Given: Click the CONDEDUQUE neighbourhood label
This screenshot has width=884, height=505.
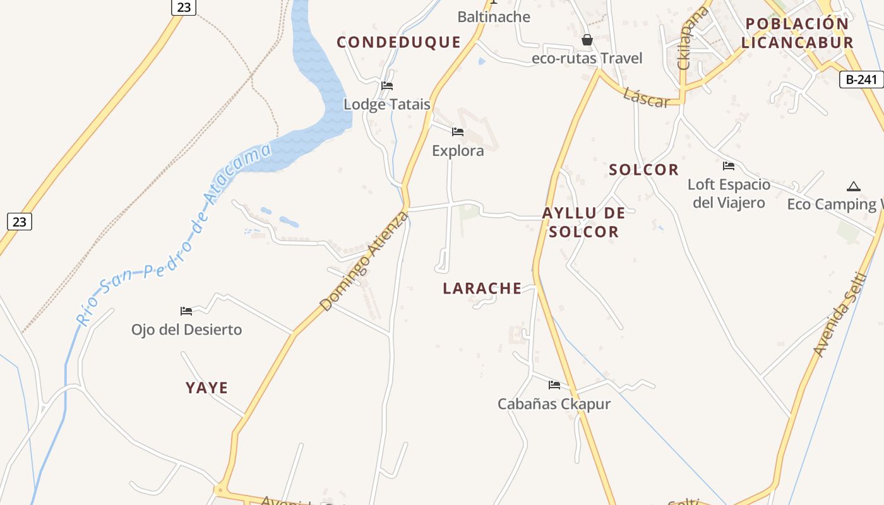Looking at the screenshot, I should pyautogui.click(x=398, y=42).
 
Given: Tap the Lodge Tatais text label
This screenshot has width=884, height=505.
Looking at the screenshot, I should pyautogui.click(x=386, y=104).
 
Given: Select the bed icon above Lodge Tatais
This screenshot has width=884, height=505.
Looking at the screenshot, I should pyautogui.click(x=387, y=85).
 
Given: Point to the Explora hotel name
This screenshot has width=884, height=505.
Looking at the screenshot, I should pyautogui.click(x=458, y=150).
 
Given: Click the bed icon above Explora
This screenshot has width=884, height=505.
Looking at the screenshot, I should pyautogui.click(x=458, y=131).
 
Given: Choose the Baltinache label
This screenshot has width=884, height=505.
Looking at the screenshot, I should pyautogui.click(x=494, y=17).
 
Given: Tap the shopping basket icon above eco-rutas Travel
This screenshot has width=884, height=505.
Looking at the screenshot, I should pyautogui.click(x=587, y=40).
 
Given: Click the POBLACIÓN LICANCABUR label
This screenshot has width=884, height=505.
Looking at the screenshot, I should pyautogui.click(x=797, y=33).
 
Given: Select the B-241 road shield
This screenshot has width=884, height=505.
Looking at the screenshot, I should pyautogui.click(x=861, y=80).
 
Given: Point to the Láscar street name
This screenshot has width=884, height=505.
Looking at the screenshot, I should pyautogui.click(x=645, y=97).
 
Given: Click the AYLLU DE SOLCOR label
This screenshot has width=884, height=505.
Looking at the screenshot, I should pyautogui.click(x=583, y=222).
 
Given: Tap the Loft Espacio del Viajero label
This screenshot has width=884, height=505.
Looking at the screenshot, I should pyautogui.click(x=729, y=193).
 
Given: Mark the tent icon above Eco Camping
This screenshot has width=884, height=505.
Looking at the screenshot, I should pyautogui.click(x=853, y=186).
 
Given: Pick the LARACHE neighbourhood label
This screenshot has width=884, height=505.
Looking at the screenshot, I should pyautogui.click(x=482, y=288).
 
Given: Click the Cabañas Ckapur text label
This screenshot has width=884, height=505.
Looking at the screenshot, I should pyautogui.click(x=554, y=404).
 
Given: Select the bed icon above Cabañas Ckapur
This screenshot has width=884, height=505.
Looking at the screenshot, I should pyautogui.click(x=554, y=384).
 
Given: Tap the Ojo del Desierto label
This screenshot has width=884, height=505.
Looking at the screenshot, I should pyautogui.click(x=186, y=330).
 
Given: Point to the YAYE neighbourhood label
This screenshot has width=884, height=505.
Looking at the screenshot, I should pyautogui.click(x=206, y=388).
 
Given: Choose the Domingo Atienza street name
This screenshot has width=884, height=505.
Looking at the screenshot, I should pyautogui.click(x=364, y=261).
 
